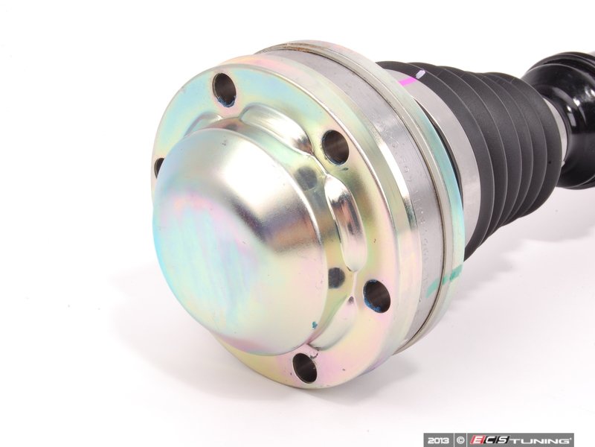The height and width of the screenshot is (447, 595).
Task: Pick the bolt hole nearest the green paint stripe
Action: tap(376, 297)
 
